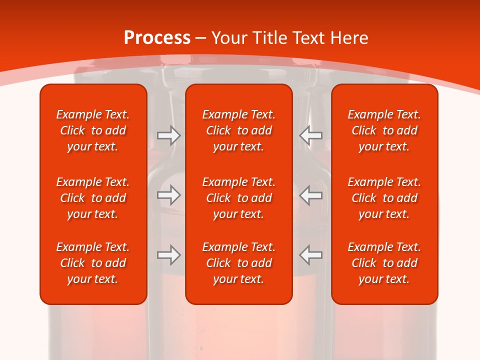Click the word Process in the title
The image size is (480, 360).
pyautogui.click(x=157, y=38)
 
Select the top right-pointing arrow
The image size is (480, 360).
pyautogui.click(x=168, y=135)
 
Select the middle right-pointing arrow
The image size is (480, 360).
pyautogui.click(x=168, y=195)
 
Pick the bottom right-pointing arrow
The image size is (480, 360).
pyautogui.click(x=168, y=255)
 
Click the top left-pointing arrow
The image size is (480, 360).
pyautogui.click(x=311, y=135)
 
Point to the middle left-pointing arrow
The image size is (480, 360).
pyautogui.click(x=311, y=195)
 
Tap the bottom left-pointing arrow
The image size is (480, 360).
pyautogui.click(x=311, y=255)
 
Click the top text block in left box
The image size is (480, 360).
pyautogui.click(x=93, y=130)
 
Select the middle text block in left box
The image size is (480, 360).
pyautogui.click(x=93, y=198)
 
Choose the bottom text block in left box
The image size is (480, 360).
pyautogui.click(x=93, y=263)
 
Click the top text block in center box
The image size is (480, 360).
pyautogui.click(x=239, y=130)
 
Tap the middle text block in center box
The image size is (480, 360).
pyautogui.click(x=239, y=198)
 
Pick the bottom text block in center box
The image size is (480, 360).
pyautogui.click(x=239, y=263)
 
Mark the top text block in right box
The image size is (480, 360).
pyautogui.click(x=384, y=130)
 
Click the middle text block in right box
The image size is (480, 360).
pyautogui.click(x=384, y=198)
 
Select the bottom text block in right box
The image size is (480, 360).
pyautogui.click(x=384, y=263)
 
